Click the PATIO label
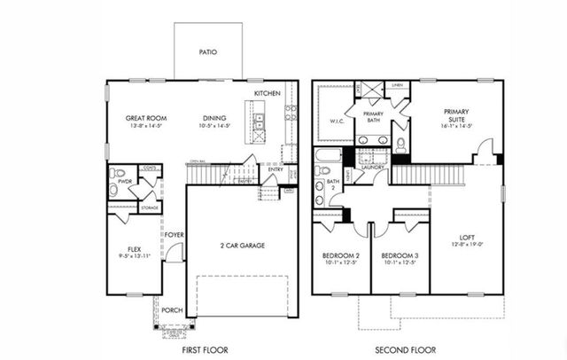pyautogui.click(x=207, y=52)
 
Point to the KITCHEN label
pyautogui.click(x=267, y=93)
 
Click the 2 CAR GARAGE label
pyautogui.click(x=242, y=246)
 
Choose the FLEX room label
pyautogui.click(x=134, y=249)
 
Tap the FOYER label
pyautogui.click(x=174, y=235)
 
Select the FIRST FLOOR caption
pyautogui.click(x=207, y=348)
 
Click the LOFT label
pyautogui.click(x=466, y=237)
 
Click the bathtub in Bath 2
pyautogui.click(x=324, y=164)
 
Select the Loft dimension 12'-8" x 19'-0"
pyautogui.click(x=466, y=246)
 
